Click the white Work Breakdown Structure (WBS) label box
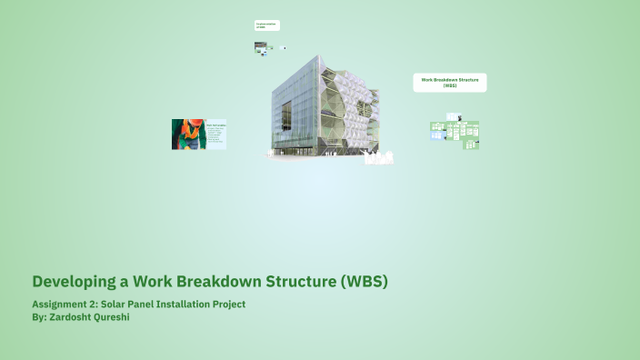point(450,83)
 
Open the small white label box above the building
point(266,25)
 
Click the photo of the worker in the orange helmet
point(187,134)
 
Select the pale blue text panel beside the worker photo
point(215,134)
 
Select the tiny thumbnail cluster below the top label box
point(265,48)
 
